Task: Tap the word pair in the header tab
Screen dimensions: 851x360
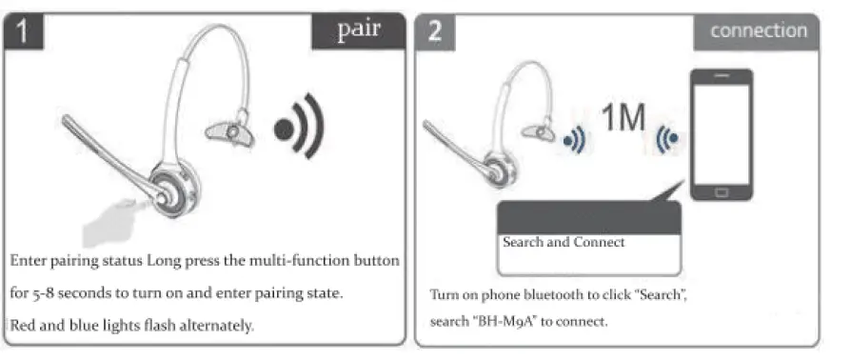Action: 359,29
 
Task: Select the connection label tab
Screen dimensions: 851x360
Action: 758,30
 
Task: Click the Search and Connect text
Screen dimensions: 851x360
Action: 564,242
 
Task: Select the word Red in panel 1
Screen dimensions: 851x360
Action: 23,325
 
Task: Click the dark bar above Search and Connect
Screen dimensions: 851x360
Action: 588,216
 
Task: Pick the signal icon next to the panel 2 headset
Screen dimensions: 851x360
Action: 573,140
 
